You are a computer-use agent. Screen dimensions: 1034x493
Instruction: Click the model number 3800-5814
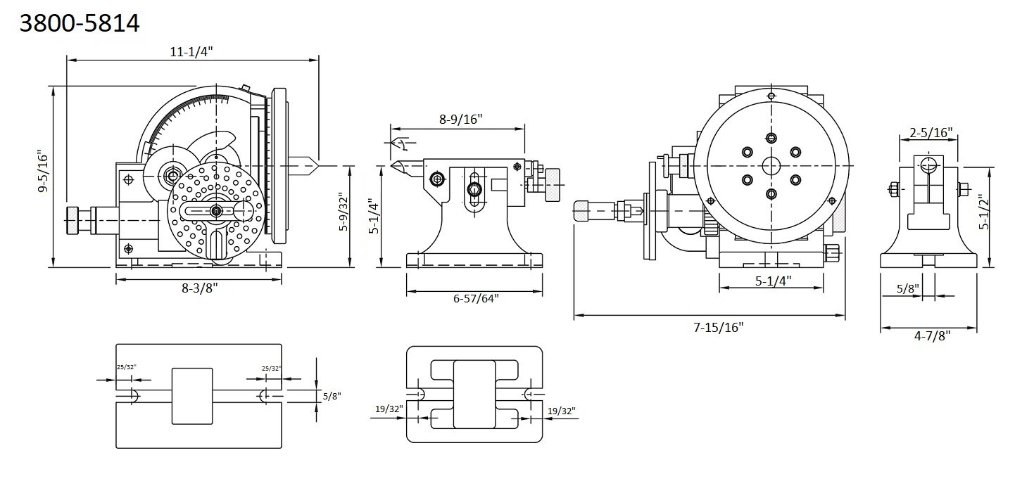pyautogui.click(x=80, y=23)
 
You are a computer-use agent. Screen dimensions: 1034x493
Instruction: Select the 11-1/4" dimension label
pyautogui.click(x=191, y=52)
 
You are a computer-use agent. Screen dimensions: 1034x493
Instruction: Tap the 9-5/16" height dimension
pyautogui.click(x=43, y=171)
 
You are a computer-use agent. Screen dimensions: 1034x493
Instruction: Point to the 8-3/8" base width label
pyautogui.click(x=199, y=288)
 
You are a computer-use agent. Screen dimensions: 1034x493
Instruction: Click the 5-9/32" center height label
pyautogui.click(x=344, y=212)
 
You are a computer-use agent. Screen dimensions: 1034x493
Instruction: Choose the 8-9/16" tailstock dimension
pyautogui.click(x=460, y=120)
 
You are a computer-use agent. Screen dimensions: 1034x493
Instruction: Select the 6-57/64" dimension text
pyautogui.click(x=476, y=299)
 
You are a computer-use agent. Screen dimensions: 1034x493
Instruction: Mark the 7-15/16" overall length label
pyautogui.click(x=718, y=328)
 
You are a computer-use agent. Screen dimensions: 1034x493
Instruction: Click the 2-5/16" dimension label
pyautogui.click(x=931, y=134)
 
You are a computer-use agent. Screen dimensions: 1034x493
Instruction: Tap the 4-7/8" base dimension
pyautogui.click(x=933, y=335)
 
